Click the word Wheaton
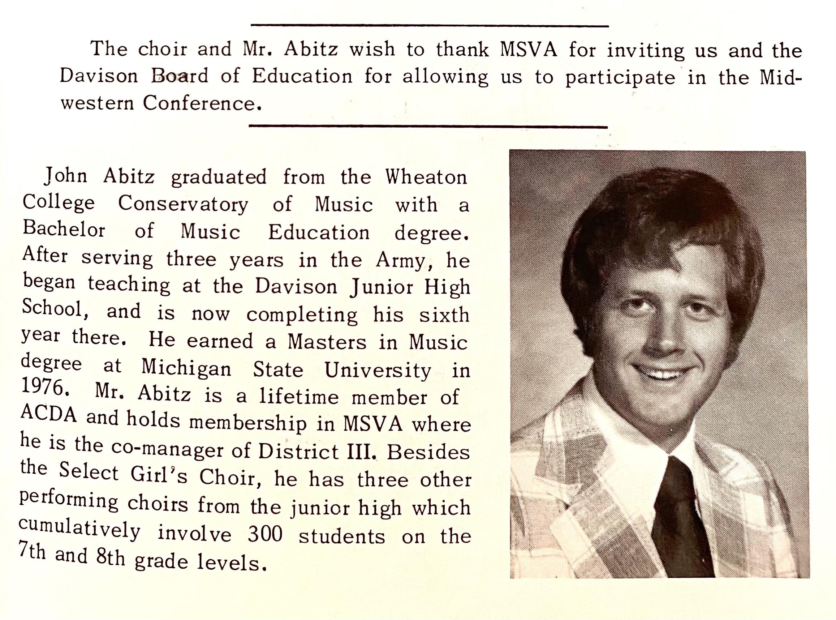[x=426, y=177]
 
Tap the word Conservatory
[x=183, y=205]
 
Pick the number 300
[x=265, y=535]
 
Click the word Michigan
[x=186, y=368]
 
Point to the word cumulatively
[x=79, y=529]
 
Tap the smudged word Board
[x=180, y=76]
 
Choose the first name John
[x=66, y=176]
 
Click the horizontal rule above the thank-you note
[x=430, y=26]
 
